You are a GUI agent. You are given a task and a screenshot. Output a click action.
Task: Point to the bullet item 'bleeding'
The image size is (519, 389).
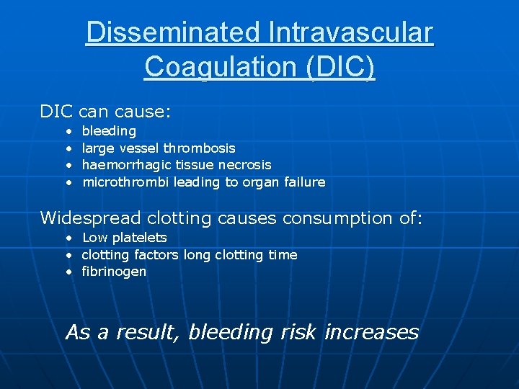point(109,131)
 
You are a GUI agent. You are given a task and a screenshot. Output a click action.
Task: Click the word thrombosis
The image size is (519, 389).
point(199,148)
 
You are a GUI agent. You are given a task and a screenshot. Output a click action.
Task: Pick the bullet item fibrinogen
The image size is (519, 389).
point(114,272)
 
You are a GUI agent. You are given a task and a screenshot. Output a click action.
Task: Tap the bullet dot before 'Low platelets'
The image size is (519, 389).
point(67,238)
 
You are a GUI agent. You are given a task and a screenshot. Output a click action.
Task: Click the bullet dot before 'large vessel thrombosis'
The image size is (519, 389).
point(67,148)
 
